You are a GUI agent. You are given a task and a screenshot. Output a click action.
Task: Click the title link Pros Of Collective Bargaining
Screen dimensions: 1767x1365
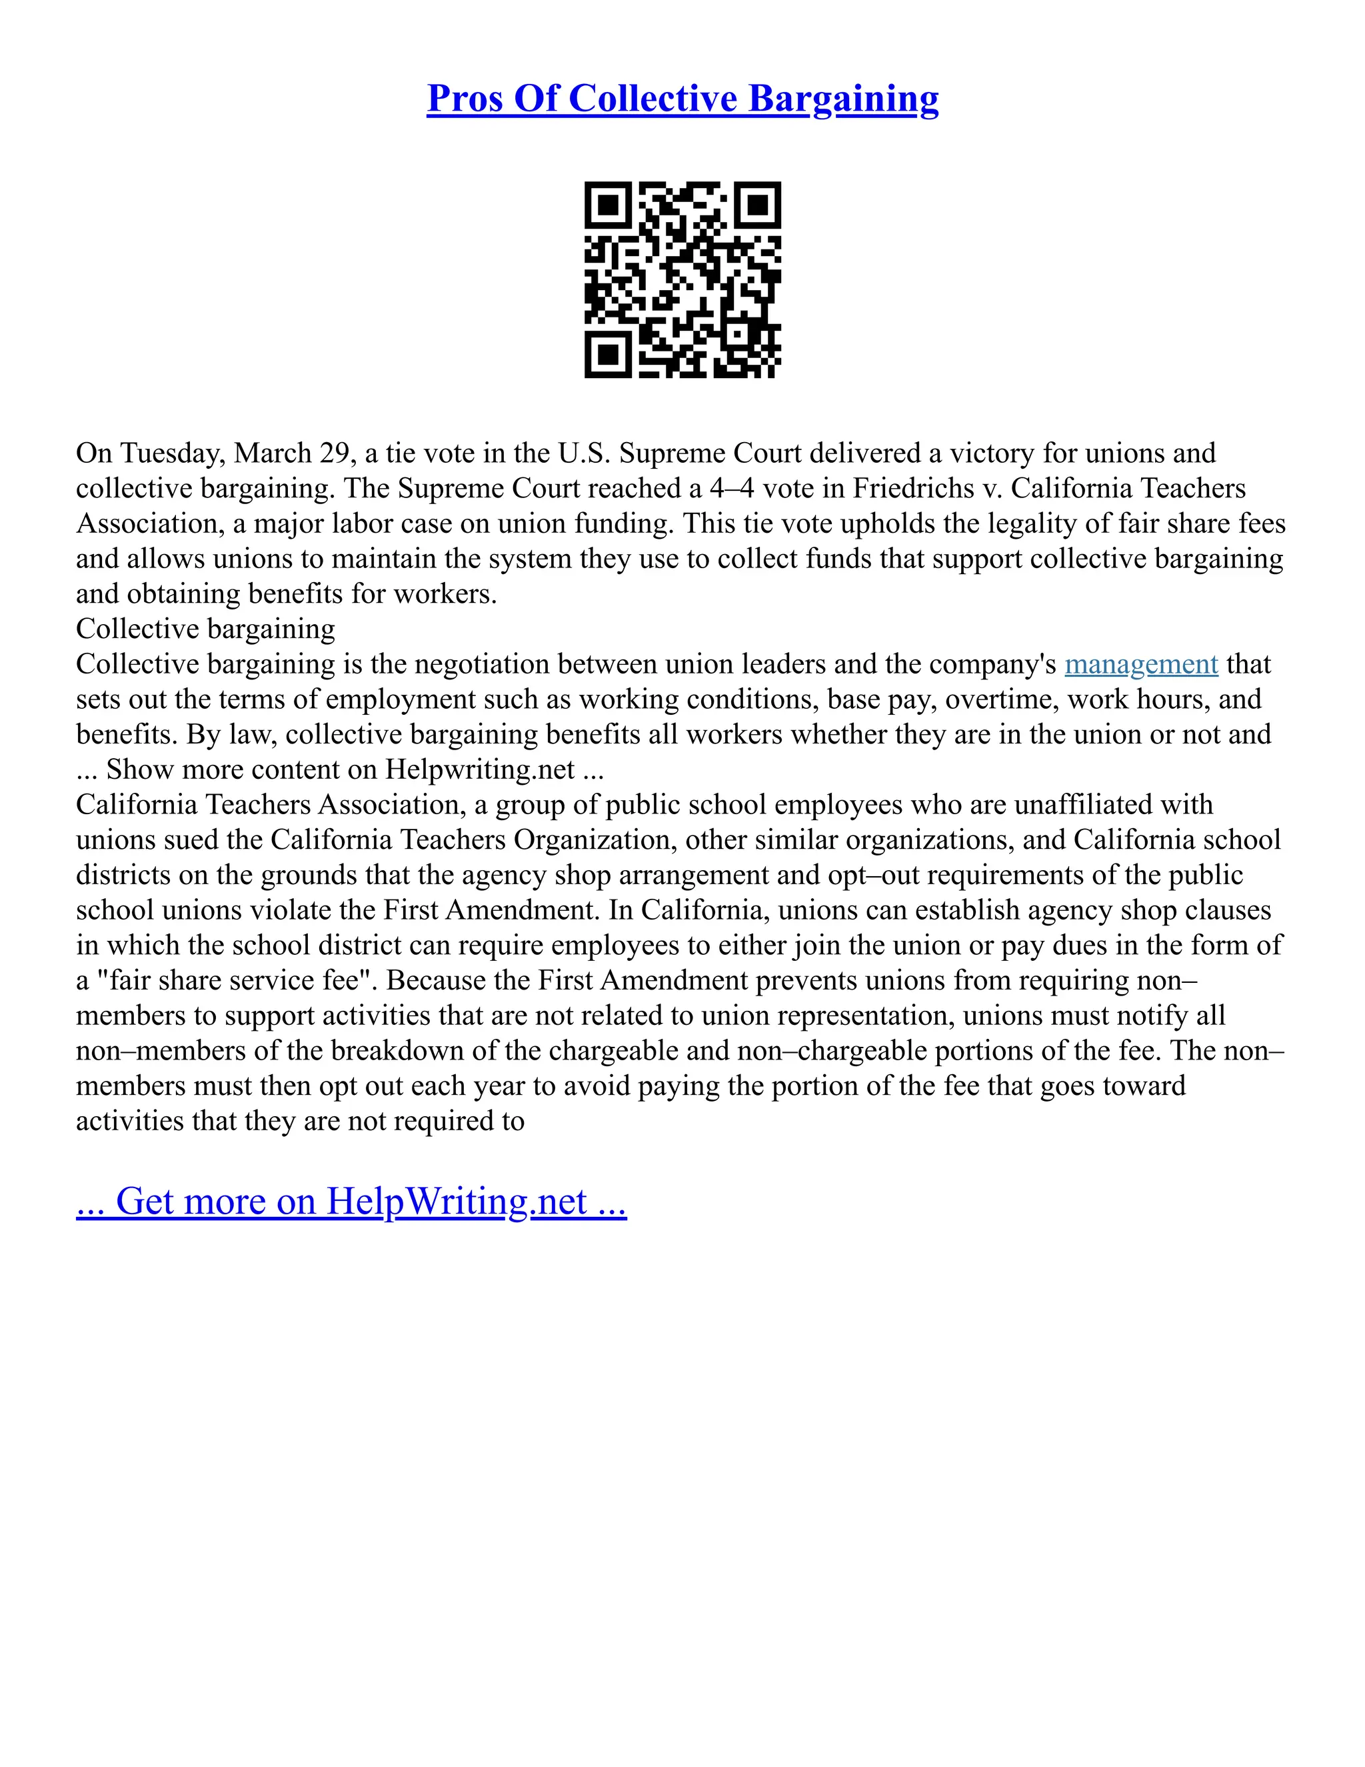click(x=682, y=99)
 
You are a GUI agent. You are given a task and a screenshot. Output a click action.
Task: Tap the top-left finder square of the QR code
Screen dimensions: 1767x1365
click(x=607, y=205)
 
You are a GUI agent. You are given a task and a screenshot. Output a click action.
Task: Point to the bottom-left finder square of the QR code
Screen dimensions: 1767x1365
click(x=607, y=354)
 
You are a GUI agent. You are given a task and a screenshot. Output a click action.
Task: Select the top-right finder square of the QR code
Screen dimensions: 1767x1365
click(x=758, y=205)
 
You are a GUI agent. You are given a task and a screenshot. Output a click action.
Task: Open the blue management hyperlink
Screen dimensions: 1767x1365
click(x=1141, y=664)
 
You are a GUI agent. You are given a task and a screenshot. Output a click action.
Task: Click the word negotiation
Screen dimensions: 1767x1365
click(x=482, y=664)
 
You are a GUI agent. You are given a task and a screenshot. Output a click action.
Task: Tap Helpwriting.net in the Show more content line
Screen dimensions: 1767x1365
click(x=479, y=769)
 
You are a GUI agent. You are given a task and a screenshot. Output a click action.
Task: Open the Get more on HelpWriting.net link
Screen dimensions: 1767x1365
click(x=351, y=1202)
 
